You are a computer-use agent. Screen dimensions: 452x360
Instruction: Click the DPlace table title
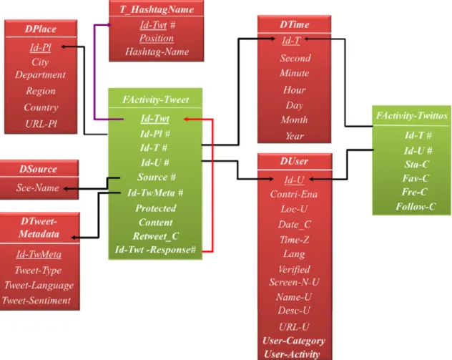point(41,29)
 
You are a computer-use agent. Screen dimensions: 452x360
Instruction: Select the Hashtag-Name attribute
point(157,52)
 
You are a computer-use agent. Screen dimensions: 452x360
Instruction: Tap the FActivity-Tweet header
point(156,99)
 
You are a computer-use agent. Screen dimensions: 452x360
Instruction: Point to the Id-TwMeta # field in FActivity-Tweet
point(155,193)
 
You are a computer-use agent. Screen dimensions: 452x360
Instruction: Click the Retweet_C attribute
point(156,236)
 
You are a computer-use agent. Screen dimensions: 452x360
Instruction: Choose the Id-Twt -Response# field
point(155,250)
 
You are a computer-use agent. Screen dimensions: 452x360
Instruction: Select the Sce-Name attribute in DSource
point(38,188)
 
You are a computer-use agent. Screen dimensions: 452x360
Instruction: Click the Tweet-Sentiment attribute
point(36,301)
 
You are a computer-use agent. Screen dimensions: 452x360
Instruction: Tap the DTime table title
point(295,24)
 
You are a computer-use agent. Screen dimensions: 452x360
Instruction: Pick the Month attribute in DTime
point(295,120)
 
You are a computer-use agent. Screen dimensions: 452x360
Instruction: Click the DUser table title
point(295,161)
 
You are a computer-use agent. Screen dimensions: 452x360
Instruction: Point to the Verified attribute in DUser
point(295,269)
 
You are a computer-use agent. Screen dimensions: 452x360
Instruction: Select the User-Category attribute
point(294,341)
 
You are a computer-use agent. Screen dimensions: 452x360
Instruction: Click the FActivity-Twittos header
point(412,116)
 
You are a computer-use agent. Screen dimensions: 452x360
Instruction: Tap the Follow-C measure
point(416,207)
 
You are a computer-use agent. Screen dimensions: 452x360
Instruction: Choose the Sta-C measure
point(417,165)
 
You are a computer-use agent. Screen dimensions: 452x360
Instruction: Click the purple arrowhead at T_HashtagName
point(109,25)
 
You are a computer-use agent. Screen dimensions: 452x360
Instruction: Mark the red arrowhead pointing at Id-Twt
point(186,119)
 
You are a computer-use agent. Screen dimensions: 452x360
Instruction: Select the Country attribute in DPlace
point(41,107)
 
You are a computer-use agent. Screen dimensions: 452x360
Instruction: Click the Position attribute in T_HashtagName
point(157,39)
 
